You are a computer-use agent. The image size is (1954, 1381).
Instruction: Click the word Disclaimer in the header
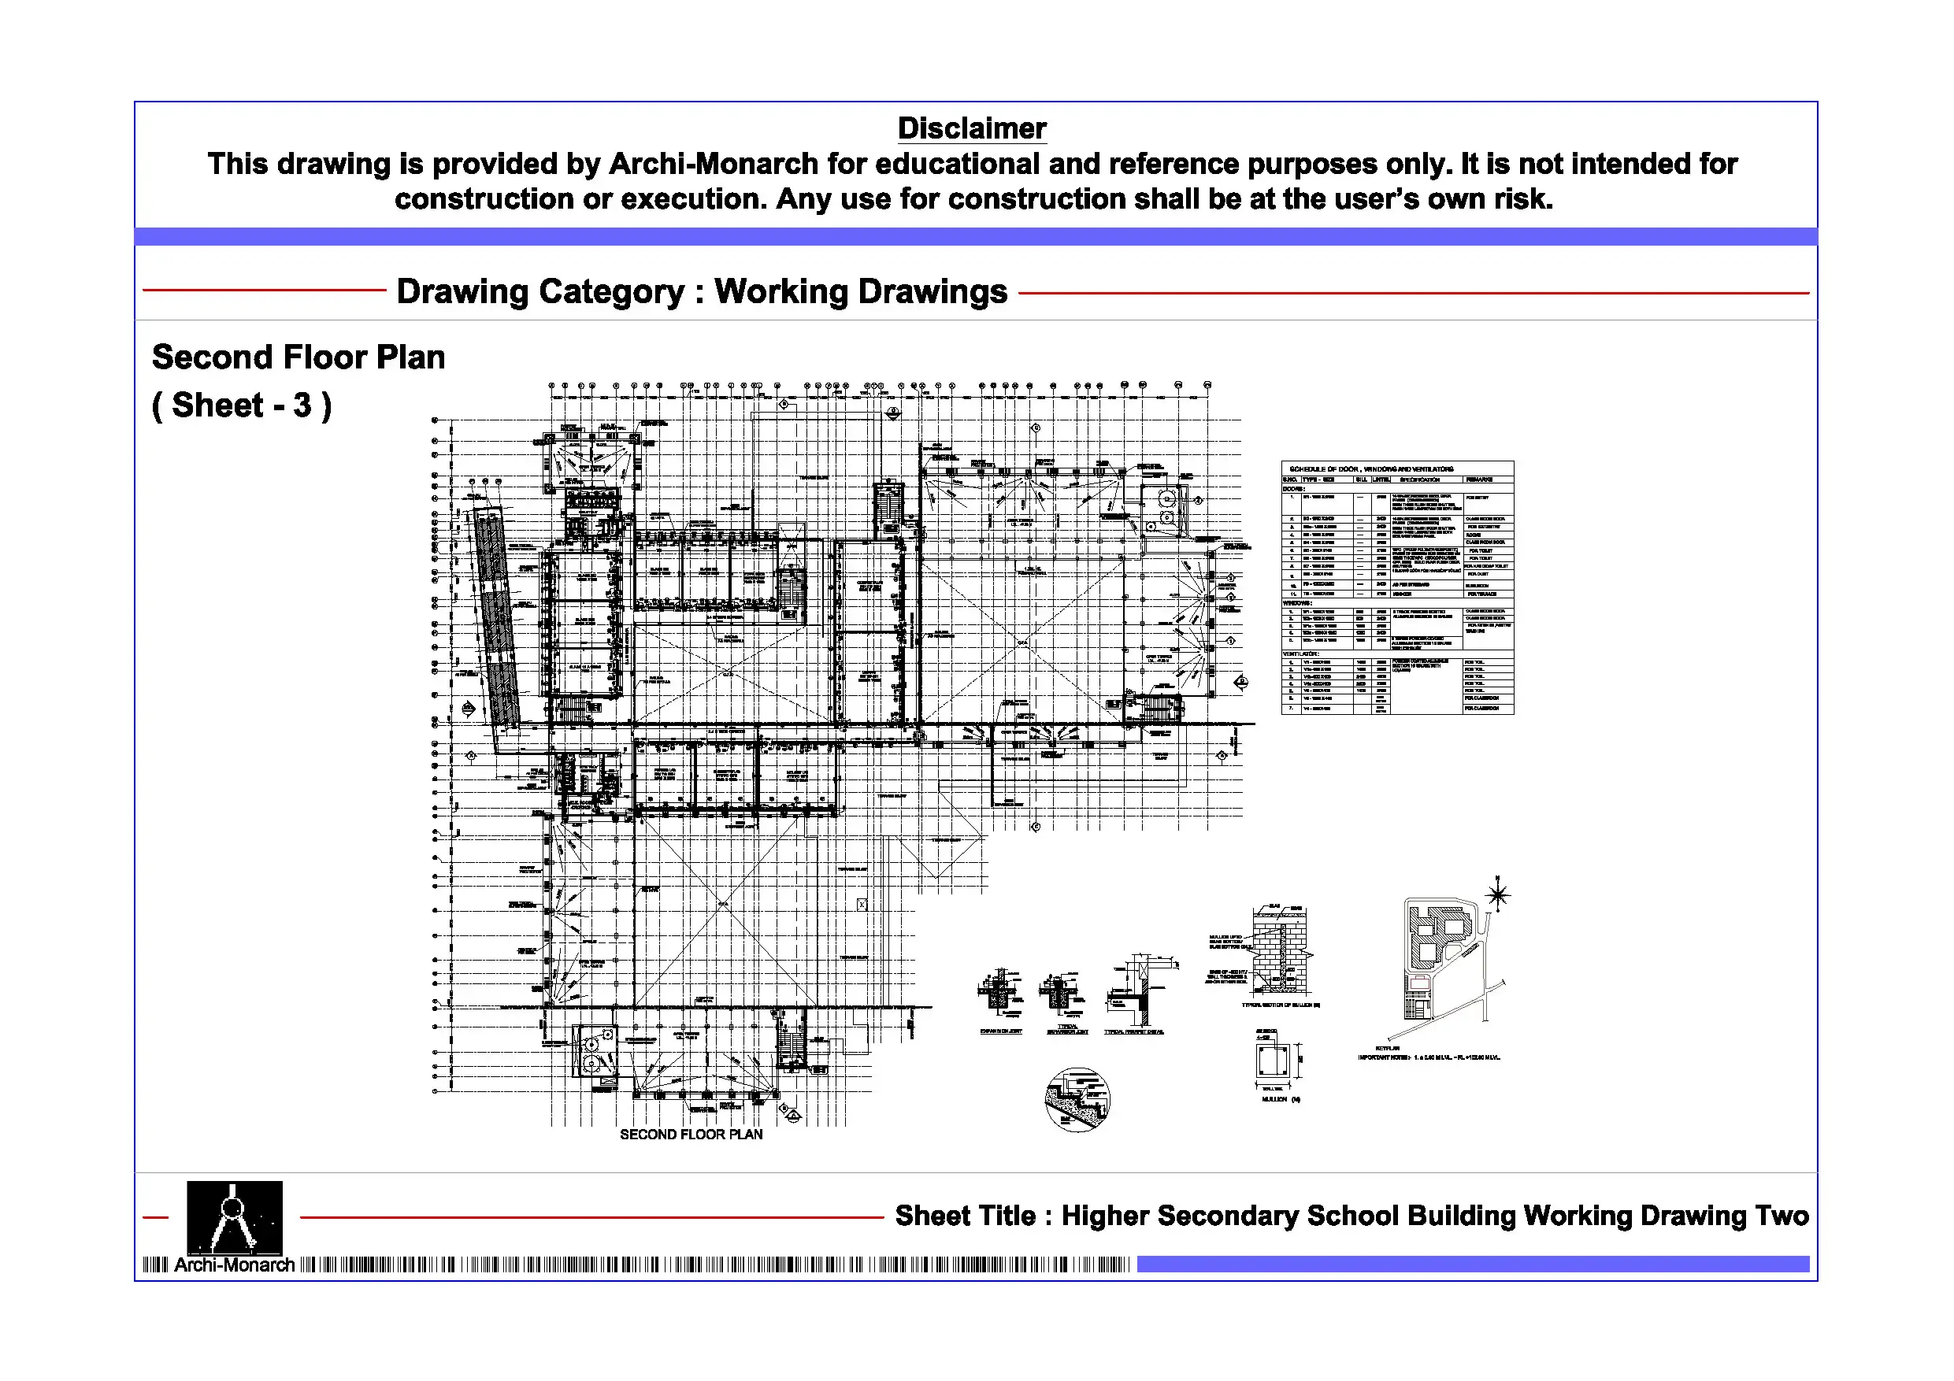click(x=971, y=128)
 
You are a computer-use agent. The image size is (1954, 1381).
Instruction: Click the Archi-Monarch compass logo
click(x=234, y=1216)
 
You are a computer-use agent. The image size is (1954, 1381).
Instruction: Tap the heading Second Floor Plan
click(x=298, y=357)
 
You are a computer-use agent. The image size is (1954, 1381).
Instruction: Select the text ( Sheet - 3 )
click(x=242, y=406)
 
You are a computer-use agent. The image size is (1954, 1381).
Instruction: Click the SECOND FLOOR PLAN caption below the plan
click(x=690, y=1135)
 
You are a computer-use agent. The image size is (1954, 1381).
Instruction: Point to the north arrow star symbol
click(x=1497, y=894)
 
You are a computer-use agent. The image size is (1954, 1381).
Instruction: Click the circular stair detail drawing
click(x=1077, y=1099)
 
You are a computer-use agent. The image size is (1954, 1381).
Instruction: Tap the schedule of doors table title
click(x=1371, y=468)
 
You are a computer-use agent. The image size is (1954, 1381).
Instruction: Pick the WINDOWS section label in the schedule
click(x=1297, y=603)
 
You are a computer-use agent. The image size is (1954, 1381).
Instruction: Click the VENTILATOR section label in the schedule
click(x=1300, y=653)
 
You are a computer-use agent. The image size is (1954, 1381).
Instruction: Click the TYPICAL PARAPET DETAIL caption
click(x=1133, y=1032)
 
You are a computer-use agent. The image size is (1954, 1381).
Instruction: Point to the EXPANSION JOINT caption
click(x=1001, y=1031)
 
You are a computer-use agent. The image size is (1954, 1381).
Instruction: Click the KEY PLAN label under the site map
click(x=1387, y=1048)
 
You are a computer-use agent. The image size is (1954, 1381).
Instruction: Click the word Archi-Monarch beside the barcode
click(x=234, y=1265)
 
